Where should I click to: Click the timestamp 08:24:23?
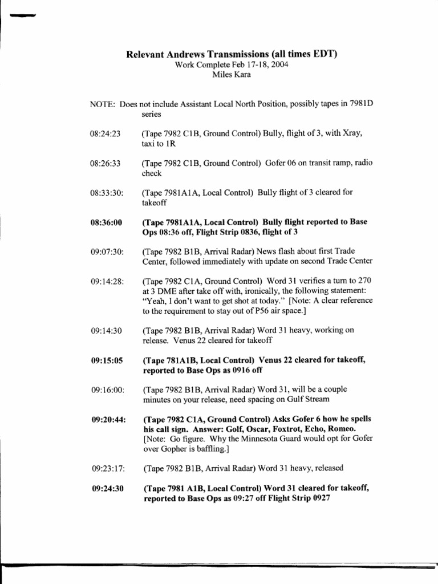click(x=106, y=133)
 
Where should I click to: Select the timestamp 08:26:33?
click(x=106, y=163)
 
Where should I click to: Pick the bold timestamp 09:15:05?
click(x=106, y=360)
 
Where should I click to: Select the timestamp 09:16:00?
click(x=107, y=390)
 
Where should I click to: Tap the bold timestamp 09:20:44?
click(x=107, y=420)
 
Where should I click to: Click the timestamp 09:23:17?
click(x=107, y=469)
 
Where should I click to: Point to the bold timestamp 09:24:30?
click(x=106, y=489)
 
